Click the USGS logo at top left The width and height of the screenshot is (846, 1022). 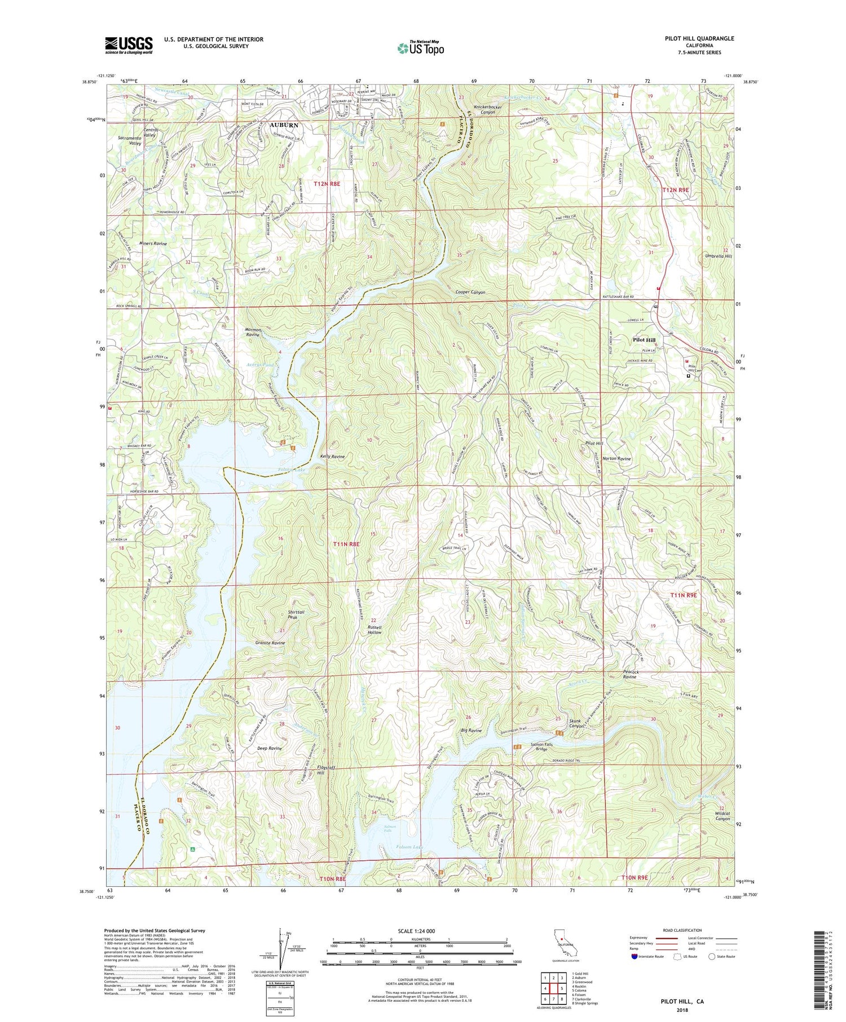[129, 45]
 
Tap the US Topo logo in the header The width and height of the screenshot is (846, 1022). [420, 48]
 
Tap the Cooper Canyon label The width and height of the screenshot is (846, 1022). [470, 293]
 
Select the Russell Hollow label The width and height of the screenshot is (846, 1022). [374, 630]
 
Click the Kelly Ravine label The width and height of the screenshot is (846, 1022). [332, 457]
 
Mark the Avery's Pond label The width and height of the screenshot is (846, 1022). [260, 365]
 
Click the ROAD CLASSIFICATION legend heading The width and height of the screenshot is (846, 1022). [682, 930]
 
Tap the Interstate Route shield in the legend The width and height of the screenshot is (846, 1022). [636, 957]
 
